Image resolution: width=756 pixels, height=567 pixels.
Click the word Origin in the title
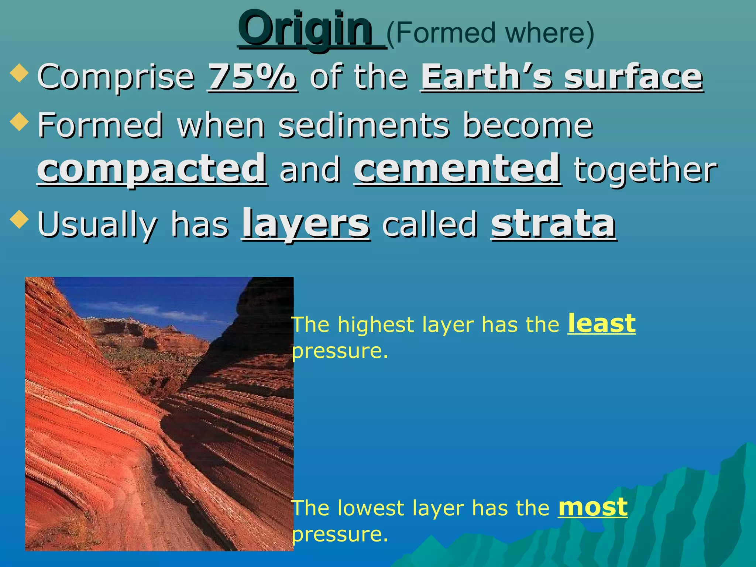click(x=305, y=30)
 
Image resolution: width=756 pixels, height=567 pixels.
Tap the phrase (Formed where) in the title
click(x=490, y=33)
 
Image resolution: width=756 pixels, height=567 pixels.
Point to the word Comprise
click(x=116, y=78)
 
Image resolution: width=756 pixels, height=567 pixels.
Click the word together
click(x=645, y=171)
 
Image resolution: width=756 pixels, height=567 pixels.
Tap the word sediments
click(x=364, y=126)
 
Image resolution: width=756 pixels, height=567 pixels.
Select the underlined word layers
click(x=306, y=224)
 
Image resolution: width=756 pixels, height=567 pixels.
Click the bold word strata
click(x=553, y=224)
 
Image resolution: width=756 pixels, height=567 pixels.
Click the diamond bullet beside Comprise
click(x=19, y=72)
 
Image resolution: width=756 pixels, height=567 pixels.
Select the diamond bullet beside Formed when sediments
click(x=19, y=121)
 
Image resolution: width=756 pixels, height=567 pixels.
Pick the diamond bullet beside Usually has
click(x=19, y=219)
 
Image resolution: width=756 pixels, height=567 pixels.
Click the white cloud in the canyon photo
click(x=148, y=310)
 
